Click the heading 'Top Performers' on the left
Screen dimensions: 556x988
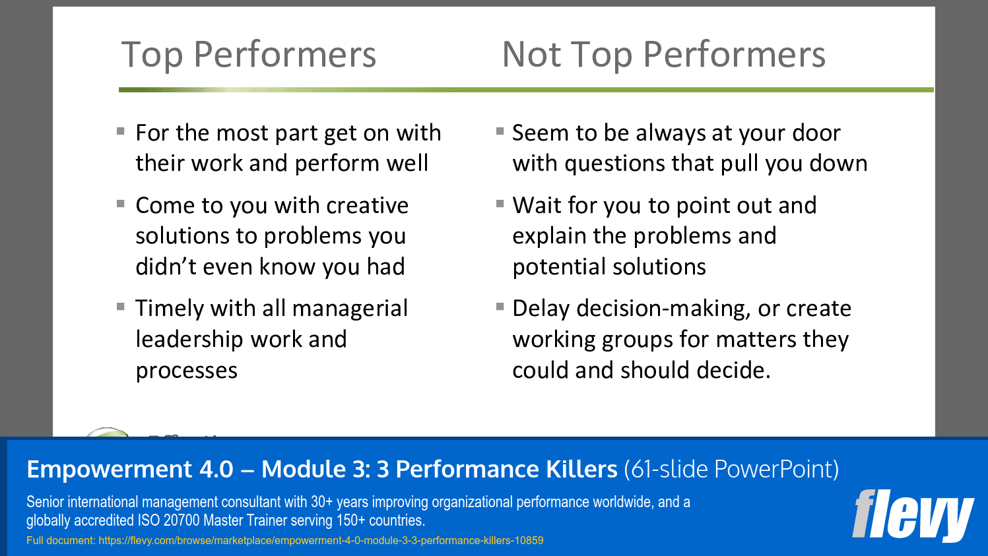(249, 55)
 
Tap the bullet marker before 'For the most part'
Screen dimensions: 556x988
(121, 131)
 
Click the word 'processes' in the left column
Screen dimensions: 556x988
(186, 371)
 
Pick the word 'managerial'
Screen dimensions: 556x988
(350, 309)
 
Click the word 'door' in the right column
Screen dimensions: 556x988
(816, 133)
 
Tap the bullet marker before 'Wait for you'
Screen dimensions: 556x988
(500, 204)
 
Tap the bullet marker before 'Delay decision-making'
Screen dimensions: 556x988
(500, 307)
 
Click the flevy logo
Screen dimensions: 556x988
(913, 515)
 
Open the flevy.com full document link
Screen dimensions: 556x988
(321, 541)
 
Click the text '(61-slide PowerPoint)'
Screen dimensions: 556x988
(731, 469)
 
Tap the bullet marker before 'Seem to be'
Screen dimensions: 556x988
(500, 131)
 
